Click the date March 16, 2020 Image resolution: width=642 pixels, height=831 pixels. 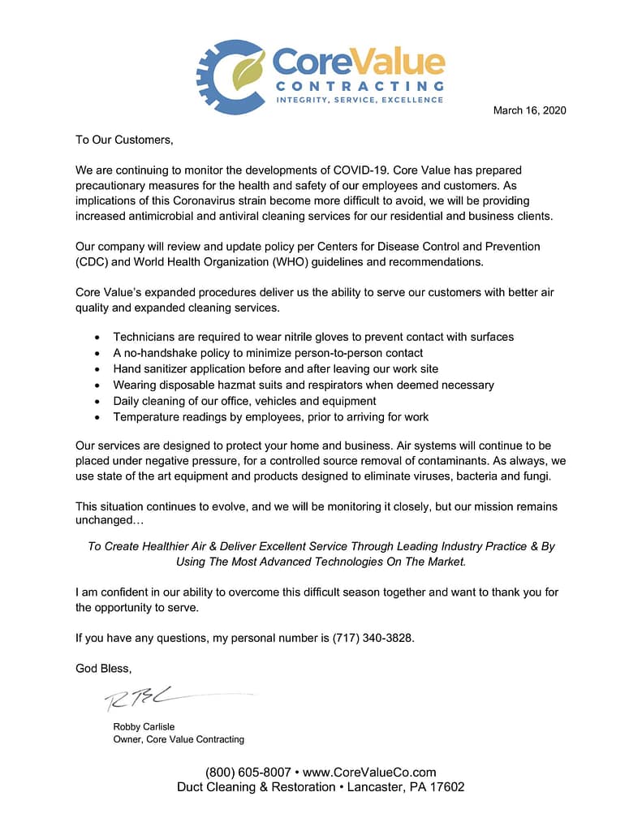(x=529, y=110)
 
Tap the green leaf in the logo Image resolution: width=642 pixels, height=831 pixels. (x=248, y=71)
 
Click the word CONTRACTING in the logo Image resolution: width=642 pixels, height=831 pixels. (x=359, y=85)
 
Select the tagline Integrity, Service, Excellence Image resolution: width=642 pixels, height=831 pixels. (x=360, y=100)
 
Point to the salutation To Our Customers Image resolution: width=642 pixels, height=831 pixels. (x=124, y=140)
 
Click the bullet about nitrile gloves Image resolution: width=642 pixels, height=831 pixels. (x=313, y=337)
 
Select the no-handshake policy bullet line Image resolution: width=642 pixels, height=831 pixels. (x=268, y=353)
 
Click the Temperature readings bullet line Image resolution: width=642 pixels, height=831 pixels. (x=270, y=416)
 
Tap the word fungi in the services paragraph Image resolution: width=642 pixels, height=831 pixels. (x=535, y=476)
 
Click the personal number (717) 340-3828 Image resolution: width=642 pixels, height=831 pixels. (x=373, y=638)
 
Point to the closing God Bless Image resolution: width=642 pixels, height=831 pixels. (x=103, y=669)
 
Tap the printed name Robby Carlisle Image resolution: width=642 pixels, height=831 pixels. (x=144, y=727)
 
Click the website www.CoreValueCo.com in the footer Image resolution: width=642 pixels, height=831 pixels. (x=369, y=773)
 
